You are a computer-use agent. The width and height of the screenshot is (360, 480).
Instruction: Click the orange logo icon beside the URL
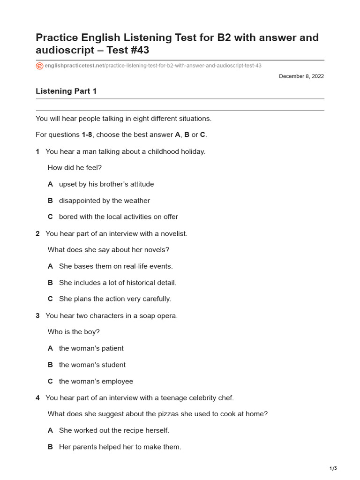(39, 66)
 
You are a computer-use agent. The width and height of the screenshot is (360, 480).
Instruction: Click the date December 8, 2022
(301, 76)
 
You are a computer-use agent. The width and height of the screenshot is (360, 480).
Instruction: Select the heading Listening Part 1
(66, 91)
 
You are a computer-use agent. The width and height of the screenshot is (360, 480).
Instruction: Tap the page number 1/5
(333, 468)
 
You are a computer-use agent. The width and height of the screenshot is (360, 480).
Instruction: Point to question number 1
(37, 151)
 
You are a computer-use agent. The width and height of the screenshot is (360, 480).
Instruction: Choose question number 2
(37, 233)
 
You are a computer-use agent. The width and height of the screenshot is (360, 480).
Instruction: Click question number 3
(37, 315)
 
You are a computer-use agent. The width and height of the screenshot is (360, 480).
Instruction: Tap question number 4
(37, 398)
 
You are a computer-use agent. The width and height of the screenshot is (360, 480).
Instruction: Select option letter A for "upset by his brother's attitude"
(50, 184)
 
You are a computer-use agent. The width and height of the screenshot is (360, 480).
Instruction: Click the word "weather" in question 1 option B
(136, 201)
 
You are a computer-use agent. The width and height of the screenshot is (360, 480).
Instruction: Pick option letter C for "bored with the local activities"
(50, 217)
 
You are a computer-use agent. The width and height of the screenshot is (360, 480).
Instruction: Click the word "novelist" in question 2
(173, 233)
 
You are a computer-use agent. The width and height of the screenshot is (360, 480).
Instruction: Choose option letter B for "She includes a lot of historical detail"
(50, 283)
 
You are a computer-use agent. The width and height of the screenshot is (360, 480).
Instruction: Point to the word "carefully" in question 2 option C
(155, 299)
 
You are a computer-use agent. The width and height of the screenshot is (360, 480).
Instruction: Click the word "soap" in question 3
(142, 315)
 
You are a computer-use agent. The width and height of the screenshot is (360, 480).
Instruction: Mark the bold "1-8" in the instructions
(87, 135)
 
